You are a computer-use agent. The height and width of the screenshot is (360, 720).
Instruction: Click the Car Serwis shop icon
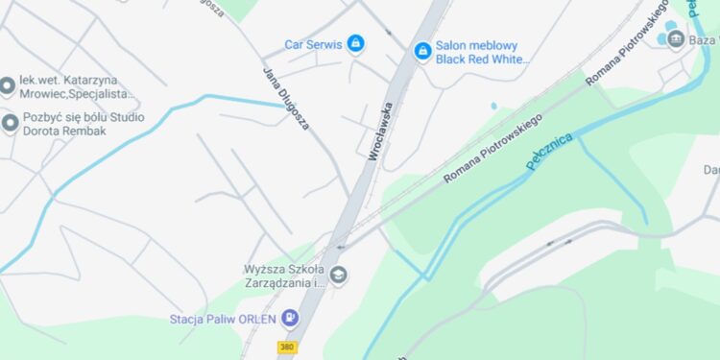click(355, 43)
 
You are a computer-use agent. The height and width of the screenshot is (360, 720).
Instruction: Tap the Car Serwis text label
click(313, 44)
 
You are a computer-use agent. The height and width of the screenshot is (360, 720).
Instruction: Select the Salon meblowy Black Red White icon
click(421, 51)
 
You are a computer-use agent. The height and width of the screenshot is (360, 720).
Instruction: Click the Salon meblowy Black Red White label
click(482, 52)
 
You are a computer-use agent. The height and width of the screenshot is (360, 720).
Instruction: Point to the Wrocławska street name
click(381, 131)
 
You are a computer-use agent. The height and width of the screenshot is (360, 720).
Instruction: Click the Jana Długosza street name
click(286, 97)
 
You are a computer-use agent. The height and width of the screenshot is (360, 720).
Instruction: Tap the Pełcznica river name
click(549, 153)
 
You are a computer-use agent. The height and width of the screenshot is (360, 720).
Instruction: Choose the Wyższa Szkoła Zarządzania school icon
click(338, 276)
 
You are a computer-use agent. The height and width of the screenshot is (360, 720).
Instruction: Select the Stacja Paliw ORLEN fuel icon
click(290, 318)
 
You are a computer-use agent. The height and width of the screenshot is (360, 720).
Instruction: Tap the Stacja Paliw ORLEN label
click(223, 319)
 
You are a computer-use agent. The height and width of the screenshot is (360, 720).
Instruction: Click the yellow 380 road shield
click(286, 347)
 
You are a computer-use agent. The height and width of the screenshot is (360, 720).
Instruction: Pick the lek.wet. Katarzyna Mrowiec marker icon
click(7, 86)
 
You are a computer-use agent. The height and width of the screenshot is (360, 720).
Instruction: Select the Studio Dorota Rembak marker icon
click(10, 123)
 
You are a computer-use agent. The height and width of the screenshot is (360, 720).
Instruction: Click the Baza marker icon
click(676, 38)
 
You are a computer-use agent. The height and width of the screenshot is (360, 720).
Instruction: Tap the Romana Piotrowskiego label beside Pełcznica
click(492, 148)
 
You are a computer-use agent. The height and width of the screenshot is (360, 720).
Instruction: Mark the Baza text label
click(704, 39)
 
